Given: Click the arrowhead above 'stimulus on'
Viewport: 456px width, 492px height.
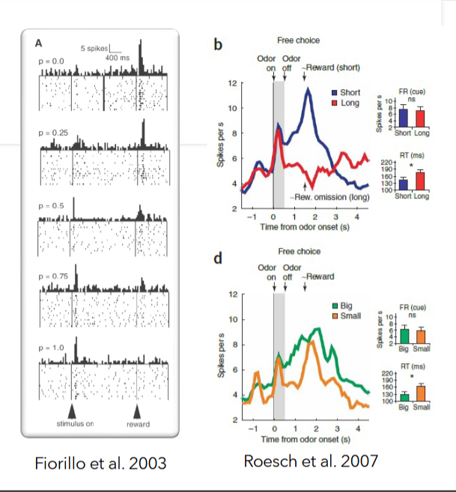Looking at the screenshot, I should click(x=72, y=411).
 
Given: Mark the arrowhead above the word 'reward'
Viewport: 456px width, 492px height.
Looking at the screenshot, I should click(x=136, y=411).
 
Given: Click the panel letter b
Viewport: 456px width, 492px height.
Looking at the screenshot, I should click(x=218, y=45).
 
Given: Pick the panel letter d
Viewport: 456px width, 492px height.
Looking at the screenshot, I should click(x=218, y=260).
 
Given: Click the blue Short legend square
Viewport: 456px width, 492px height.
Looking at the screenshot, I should click(x=335, y=92).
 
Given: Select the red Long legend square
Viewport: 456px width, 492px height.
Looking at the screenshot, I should click(x=335, y=102).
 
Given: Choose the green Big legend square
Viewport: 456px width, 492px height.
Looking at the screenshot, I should click(x=335, y=306).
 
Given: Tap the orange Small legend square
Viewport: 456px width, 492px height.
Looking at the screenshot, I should click(x=335, y=316).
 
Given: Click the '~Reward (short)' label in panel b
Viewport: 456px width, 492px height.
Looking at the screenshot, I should click(x=330, y=67).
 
